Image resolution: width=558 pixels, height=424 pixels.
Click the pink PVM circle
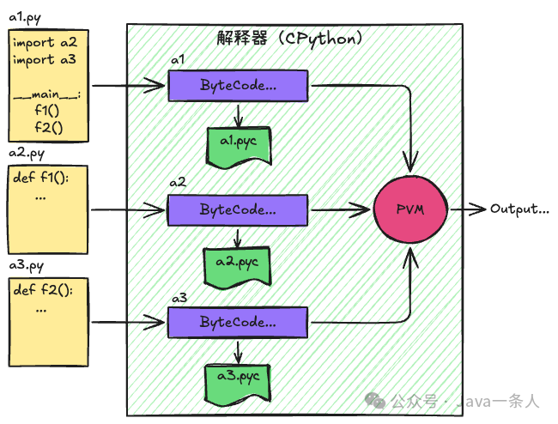409,209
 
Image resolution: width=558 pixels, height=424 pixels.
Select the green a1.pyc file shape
239,142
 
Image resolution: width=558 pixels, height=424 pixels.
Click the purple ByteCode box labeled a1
238,86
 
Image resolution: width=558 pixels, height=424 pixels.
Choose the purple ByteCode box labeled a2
238,209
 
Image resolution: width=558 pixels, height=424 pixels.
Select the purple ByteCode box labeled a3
238,323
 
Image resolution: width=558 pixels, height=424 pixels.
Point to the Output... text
519,209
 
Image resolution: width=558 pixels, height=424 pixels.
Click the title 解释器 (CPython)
288,39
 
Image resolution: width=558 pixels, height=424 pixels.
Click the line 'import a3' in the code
45,60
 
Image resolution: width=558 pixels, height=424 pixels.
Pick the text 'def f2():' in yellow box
44,291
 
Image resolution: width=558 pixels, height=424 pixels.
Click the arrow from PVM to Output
465,209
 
